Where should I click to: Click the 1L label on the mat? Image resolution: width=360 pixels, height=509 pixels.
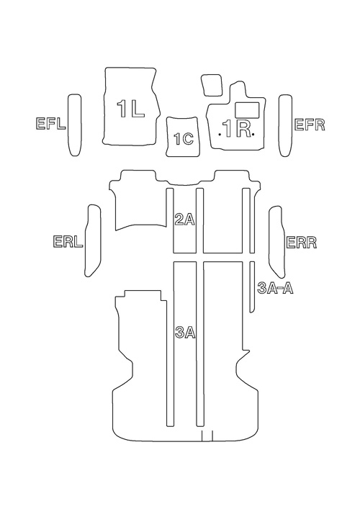(x=130, y=109)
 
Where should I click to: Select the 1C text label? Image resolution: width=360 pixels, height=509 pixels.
(x=184, y=139)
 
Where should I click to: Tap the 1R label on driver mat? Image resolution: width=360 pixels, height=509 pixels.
(x=237, y=129)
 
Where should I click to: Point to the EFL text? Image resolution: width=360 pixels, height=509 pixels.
(x=50, y=124)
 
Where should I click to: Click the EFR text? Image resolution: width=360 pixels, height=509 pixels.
(x=310, y=125)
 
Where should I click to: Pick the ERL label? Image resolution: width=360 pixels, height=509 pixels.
(x=68, y=242)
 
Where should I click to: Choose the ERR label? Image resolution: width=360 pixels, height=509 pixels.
(x=301, y=243)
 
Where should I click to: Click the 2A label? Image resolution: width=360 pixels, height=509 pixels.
(x=184, y=219)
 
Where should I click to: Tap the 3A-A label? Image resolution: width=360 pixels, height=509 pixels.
(x=275, y=288)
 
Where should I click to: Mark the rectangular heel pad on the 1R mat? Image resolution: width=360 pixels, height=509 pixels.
(x=246, y=109)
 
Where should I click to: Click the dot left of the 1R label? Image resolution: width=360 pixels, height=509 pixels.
(x=220, y=134)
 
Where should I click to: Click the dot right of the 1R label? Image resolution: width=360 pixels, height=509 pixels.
(x=253, y=134)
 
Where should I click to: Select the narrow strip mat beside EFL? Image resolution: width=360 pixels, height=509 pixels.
(x=74, y=125)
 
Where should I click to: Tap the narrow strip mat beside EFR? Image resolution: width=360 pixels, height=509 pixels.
(x=285, y=125)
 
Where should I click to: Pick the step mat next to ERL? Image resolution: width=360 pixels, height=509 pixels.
(x=93, y=240)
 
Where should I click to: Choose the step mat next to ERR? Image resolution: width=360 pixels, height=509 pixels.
(x=276, y=241)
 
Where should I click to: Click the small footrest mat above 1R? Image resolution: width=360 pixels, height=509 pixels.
(x=212, y=85)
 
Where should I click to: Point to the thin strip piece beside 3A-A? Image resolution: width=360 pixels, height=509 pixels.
(x=252, y=287)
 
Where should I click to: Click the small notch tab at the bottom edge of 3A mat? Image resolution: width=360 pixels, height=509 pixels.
(x=207, y=436)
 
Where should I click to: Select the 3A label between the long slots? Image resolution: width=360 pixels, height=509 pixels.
(x=185, y=333)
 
